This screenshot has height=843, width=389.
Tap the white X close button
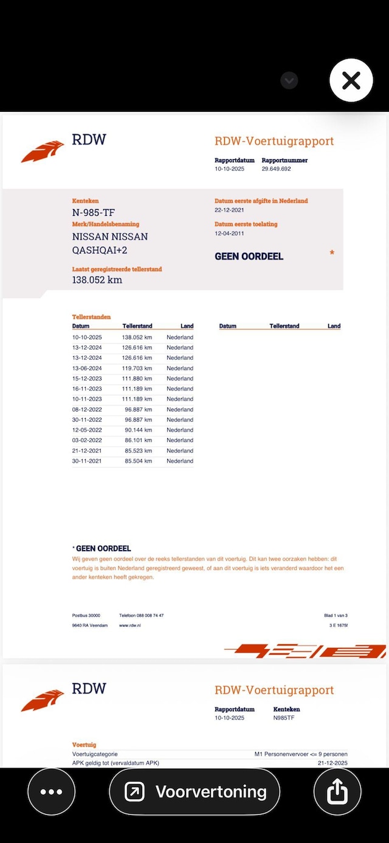click(x=351, y=80)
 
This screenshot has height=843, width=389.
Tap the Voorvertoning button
click(x=194, y=791)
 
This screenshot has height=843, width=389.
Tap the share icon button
click(x=337, y=791)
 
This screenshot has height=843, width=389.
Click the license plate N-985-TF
click(x=93, y=213)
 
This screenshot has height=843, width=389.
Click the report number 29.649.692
click(x=276, y=169)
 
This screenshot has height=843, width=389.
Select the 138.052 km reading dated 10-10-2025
click(x=137, y=337)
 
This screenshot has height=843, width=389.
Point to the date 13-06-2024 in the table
click(x=87, y=368)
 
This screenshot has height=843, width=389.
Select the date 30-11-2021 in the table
click(x=87, y=461)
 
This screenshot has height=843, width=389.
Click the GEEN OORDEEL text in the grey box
click(x=249, y=256)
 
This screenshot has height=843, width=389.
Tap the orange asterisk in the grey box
click(x=332, y=253)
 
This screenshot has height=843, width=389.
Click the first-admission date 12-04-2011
click(x=229, y=234)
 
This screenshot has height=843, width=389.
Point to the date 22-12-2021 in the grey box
click(x=229, y=210)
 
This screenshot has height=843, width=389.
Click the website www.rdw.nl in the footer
click(x=130, y=625)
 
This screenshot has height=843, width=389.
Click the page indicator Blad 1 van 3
click(x=336, y=616)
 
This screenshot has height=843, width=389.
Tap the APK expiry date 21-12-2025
click(x=332, y=763)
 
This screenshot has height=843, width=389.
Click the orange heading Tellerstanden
click(x=91, y=317)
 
